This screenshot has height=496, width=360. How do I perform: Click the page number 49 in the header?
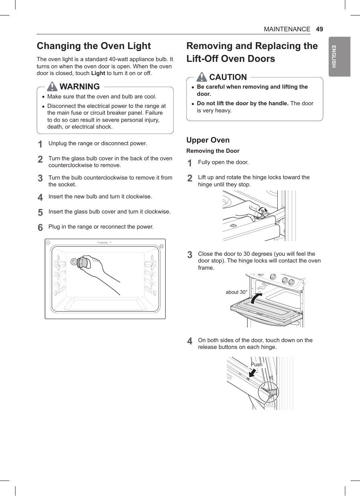click(x=319, y=29)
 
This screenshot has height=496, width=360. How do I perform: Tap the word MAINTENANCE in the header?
click(x=287, y=29)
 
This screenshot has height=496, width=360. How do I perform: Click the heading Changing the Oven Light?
click(x=94, y=46)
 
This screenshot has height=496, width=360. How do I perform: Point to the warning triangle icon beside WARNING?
click(x=52, y=86)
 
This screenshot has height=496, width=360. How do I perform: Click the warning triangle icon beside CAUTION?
click(x=202, y=77)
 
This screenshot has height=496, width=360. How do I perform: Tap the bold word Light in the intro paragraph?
click(x=98, y=73)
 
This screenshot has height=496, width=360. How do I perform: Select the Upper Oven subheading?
click(x=208, y=140)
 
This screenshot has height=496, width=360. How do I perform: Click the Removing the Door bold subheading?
click(x=213, y=151)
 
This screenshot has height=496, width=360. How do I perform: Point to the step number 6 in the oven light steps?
click(x=40, y=227)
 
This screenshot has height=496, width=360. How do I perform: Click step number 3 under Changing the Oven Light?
click(x=40, y=178)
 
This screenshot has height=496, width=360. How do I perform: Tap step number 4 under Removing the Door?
click(x=190, y=341)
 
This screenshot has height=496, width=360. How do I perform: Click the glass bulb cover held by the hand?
click(x=82, y=262)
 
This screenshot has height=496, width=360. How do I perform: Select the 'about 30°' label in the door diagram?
click(x=236, y=292)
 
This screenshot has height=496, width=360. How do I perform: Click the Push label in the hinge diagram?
click(x=257, y=364)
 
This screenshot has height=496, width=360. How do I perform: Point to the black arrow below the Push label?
click(x=252, y=373)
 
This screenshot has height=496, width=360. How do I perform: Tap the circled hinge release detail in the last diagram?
click(x=268, y=392)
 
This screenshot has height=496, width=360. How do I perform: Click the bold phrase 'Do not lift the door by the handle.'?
click(x=243, y=103)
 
